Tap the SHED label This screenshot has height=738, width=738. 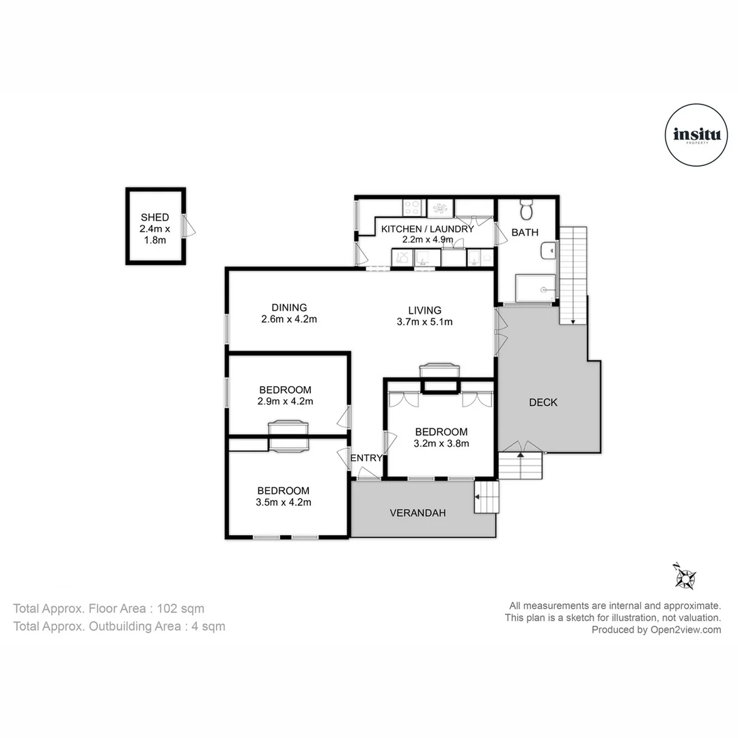154,217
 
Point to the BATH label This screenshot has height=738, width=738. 525,232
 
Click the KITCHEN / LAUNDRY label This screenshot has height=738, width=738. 427,229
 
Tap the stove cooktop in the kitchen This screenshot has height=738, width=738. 412,207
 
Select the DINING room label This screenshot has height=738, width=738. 289,307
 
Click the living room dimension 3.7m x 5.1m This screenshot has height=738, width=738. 424,322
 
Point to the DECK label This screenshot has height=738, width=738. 543,402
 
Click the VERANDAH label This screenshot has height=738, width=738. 418,512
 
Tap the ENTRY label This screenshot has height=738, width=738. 366,458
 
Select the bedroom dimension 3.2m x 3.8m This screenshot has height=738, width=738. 441,443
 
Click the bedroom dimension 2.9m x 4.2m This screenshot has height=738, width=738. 285,402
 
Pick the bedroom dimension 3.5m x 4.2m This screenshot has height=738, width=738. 283,502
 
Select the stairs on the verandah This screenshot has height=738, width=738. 487,497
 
